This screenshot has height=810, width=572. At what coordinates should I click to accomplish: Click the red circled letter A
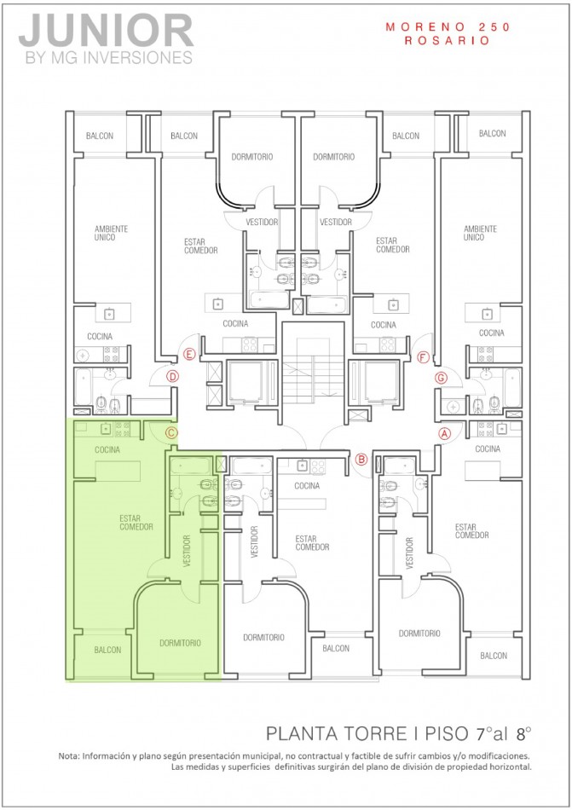(443, 432)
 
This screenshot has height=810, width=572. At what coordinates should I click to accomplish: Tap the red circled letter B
(361, 460)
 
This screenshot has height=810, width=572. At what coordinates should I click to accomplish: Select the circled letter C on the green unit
(170, 433)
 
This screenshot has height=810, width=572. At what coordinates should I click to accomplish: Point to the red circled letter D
(172, 375)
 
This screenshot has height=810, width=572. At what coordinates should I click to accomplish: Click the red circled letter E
(189, 354)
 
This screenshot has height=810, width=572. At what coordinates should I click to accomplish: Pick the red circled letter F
(424, 356)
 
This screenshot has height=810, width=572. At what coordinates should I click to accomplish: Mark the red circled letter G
(441, 377)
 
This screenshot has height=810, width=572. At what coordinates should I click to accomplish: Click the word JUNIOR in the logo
(106, 32)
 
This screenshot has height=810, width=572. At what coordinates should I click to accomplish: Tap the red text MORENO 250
(447, 27)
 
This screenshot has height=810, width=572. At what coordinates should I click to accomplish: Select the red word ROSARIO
(447, 39)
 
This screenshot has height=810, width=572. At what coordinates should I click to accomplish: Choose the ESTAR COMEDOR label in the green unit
(136, 522)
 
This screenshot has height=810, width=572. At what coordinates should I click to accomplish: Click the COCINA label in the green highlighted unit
(107, 449)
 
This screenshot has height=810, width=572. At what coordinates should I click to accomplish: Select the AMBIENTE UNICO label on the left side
(111, 233)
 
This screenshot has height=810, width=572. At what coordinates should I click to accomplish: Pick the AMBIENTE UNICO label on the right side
(480, 233)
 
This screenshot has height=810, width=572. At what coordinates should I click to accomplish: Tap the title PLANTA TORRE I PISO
(367, 732)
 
